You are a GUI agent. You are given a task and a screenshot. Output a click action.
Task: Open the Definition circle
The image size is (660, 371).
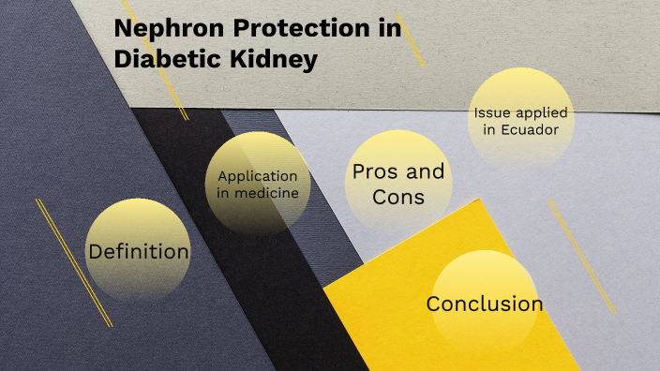pos(138,251)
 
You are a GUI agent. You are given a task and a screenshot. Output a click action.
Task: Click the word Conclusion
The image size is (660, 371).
pos(485,304)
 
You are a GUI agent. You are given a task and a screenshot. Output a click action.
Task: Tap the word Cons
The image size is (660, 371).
pos(398,197)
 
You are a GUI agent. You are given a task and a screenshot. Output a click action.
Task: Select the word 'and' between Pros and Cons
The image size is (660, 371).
pos(426,172)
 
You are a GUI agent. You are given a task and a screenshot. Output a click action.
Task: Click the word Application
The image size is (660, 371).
pos(257,176)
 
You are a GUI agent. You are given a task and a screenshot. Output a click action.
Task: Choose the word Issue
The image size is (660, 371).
pos(492,112)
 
